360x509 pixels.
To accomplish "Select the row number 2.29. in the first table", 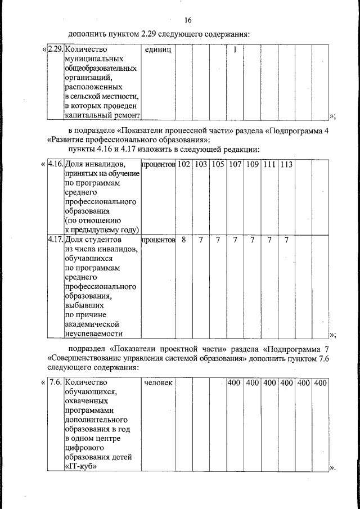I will pyautogui.click(x=55, y=49).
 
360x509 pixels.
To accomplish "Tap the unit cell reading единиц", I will pyautogui.click(x=157, y=49).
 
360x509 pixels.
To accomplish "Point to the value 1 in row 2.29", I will pyautogui.click(x=235, y=49).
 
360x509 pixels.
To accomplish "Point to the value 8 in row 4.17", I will pyautogui.click(x=183, y=240).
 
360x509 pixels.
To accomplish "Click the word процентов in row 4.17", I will pyautogui.click(x=157, y=240).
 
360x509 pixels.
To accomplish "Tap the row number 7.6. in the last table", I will pyautogui.click(x=55, y=383).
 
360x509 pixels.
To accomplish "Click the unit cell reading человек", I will pyautogui.click(x=159, y=383).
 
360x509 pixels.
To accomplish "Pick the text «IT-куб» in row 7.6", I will pyautogui.click(x=81, y=467).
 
